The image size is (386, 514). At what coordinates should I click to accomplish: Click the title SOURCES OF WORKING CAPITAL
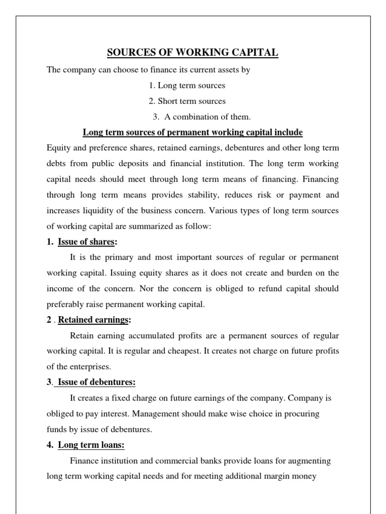[192, 53]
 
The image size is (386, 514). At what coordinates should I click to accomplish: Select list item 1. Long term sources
[186, 85]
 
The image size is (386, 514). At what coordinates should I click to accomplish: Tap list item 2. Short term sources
[187, 101]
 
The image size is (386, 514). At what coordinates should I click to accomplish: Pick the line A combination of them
[202, 117]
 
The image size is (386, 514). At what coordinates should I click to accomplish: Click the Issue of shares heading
[86, 242]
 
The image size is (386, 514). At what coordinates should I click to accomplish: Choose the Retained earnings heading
[94, 320]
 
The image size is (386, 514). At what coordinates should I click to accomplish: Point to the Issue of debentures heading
[96, 382]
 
